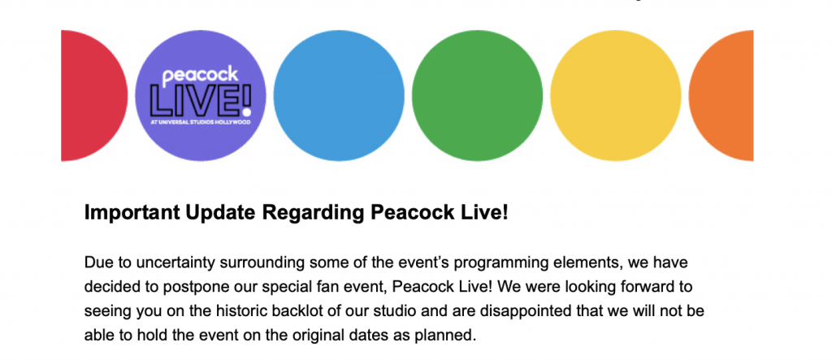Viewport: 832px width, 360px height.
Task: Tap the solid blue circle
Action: pos(339,96)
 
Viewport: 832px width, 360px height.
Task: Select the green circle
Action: pos(477,96)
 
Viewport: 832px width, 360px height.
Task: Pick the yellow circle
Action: pos(616,96)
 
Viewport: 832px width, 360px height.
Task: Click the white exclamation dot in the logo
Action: pos(245,112)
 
